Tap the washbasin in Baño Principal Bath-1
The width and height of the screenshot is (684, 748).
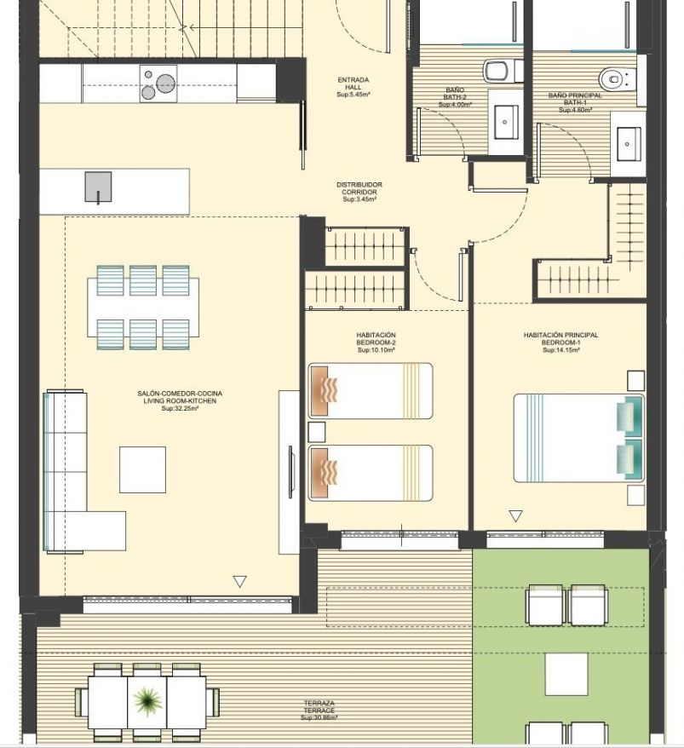[629, 144]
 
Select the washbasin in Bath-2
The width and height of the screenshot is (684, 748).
[506, 122]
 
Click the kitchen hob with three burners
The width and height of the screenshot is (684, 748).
[158, 84]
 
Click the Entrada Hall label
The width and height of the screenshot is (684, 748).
[353, 87]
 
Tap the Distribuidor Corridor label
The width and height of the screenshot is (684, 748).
[359, 192]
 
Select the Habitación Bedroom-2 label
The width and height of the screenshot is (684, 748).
[376, 342]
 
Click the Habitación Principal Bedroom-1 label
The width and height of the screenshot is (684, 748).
[561, 342]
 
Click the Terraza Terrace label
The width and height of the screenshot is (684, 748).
[319, 711]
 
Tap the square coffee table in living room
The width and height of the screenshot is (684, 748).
[142, 469]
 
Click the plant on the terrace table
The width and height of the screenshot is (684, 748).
[147, 700]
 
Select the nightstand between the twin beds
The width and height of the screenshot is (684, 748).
[317, 432]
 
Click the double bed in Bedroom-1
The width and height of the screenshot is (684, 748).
[578, 438]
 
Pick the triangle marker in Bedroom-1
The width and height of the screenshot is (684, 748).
[515, 516]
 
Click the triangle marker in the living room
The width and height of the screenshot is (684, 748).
[239, 582]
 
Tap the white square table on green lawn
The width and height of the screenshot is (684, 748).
[566, 675]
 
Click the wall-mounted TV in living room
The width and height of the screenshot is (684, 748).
[291, 472]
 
